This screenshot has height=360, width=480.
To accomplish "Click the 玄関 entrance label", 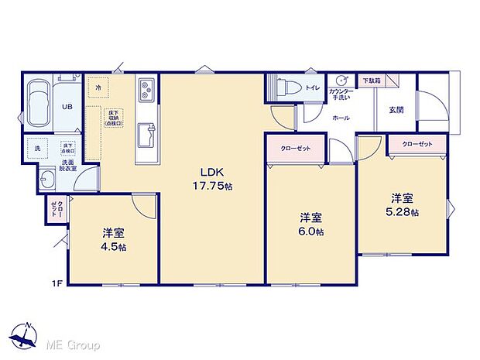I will point(396,109).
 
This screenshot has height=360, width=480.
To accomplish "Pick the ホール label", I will point(340,118).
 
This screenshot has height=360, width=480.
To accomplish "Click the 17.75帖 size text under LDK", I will point(212,187).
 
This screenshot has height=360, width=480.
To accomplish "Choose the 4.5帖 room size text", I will point(114,247).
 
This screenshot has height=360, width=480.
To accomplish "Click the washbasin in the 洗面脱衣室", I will point(46,182).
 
